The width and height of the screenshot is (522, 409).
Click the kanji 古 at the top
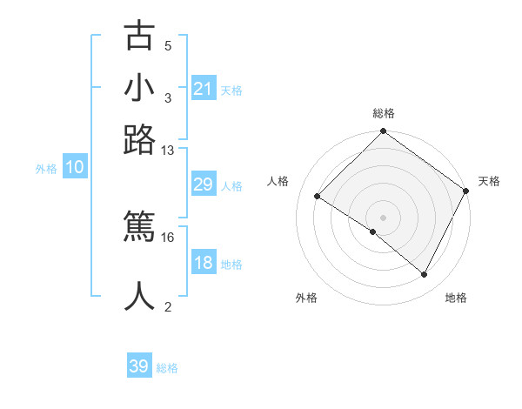tap(140, 37)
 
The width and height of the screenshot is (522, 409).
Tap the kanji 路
tap(140, 138)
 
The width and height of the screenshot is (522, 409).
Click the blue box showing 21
tap(203, 89)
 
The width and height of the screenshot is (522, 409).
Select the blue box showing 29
tap(203, 185)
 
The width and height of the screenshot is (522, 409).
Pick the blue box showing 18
tap(203, 264)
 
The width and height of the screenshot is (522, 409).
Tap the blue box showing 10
tap(75, 168)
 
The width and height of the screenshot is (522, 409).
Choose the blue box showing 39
tap(139, 366)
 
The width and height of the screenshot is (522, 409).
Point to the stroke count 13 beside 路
tap(168, 150)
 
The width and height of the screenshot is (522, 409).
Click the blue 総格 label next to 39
tap(168, 368)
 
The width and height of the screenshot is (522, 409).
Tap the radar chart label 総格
tap(383, 114)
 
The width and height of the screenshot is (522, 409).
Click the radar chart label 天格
tap(490, 181)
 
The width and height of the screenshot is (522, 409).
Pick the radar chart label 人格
tap(278, 181)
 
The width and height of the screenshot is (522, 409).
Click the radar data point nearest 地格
tap(425, 275)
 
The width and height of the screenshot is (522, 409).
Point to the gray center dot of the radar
tap(383, 217)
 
